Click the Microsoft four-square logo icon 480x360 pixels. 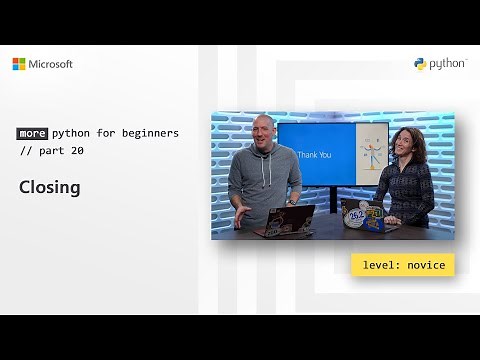19,64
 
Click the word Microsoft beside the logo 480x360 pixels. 51,64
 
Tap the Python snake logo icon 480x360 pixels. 420,65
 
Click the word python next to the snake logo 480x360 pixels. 447,65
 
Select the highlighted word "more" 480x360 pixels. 31,133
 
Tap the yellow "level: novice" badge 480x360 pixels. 403,265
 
